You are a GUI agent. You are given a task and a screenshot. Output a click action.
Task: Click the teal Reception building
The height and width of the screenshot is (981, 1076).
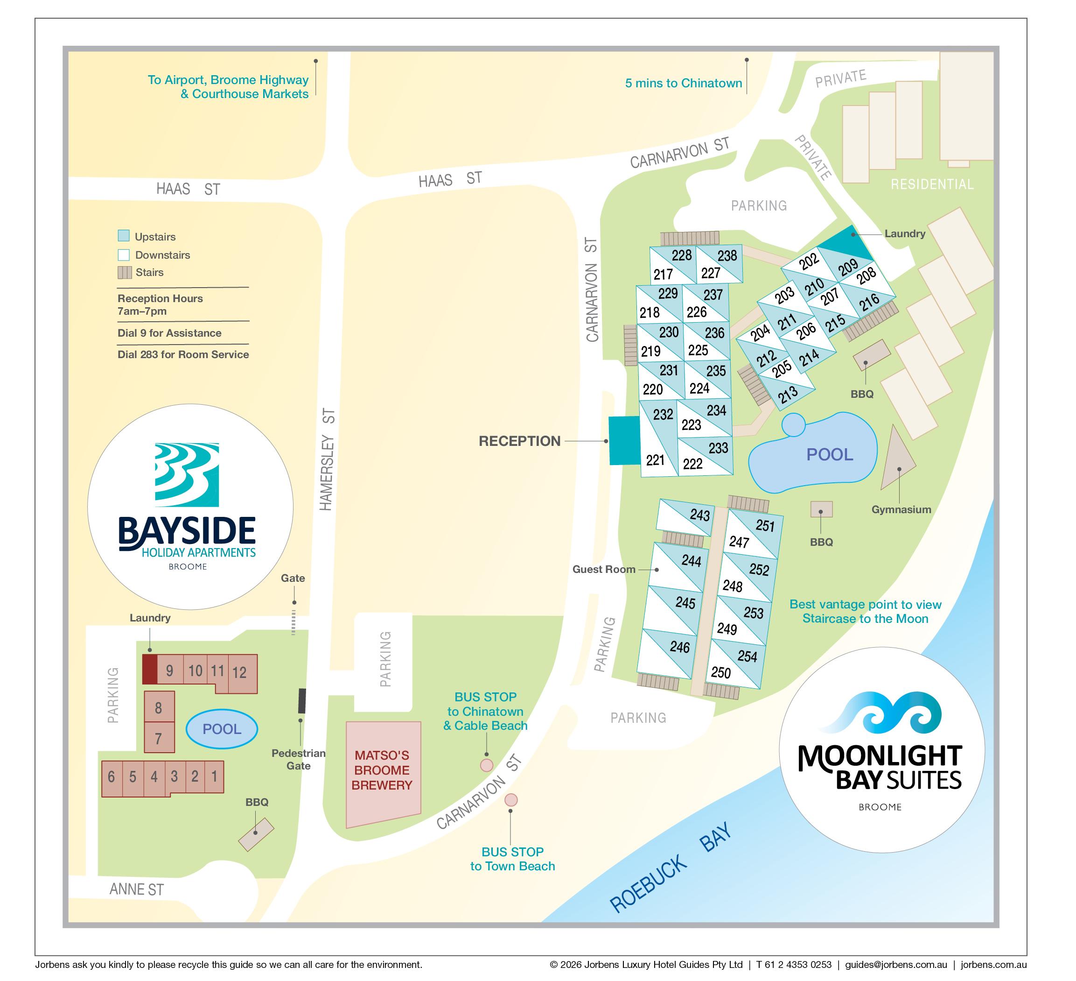coord(624,441)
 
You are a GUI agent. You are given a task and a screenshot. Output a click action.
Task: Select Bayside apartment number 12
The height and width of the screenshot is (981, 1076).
coord(240,672)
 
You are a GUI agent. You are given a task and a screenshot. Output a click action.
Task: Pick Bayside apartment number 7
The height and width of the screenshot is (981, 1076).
coord(159,739)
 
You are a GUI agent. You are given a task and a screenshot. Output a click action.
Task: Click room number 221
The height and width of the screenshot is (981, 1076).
coord(655,460)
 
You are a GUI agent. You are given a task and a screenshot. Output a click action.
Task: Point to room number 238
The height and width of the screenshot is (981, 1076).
coord(727,256)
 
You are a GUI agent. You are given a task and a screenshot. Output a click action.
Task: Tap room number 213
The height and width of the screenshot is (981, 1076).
coord(787,394)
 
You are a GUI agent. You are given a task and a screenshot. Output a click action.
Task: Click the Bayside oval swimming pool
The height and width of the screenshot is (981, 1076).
coord(222,729)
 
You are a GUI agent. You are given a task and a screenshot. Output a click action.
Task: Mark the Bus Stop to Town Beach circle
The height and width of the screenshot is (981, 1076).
coord(511,799)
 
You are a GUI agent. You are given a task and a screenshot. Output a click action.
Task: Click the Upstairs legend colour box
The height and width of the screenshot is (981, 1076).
coord(123,235)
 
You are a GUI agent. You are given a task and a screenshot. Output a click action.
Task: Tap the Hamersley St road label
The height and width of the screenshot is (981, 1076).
coord(327,459)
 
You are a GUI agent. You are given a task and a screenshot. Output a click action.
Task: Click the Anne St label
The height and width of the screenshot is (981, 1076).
coord(137,889)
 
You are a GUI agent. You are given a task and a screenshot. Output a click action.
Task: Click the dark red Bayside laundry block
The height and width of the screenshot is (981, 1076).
coord(149,669)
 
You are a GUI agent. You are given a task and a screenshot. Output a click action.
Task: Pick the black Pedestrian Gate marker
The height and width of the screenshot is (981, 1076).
coord(301,701)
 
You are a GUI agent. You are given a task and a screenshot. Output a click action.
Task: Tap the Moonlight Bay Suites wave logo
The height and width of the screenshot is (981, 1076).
coord(880,713)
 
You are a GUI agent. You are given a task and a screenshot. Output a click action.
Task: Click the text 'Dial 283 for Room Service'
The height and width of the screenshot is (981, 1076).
coord(183,354)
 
